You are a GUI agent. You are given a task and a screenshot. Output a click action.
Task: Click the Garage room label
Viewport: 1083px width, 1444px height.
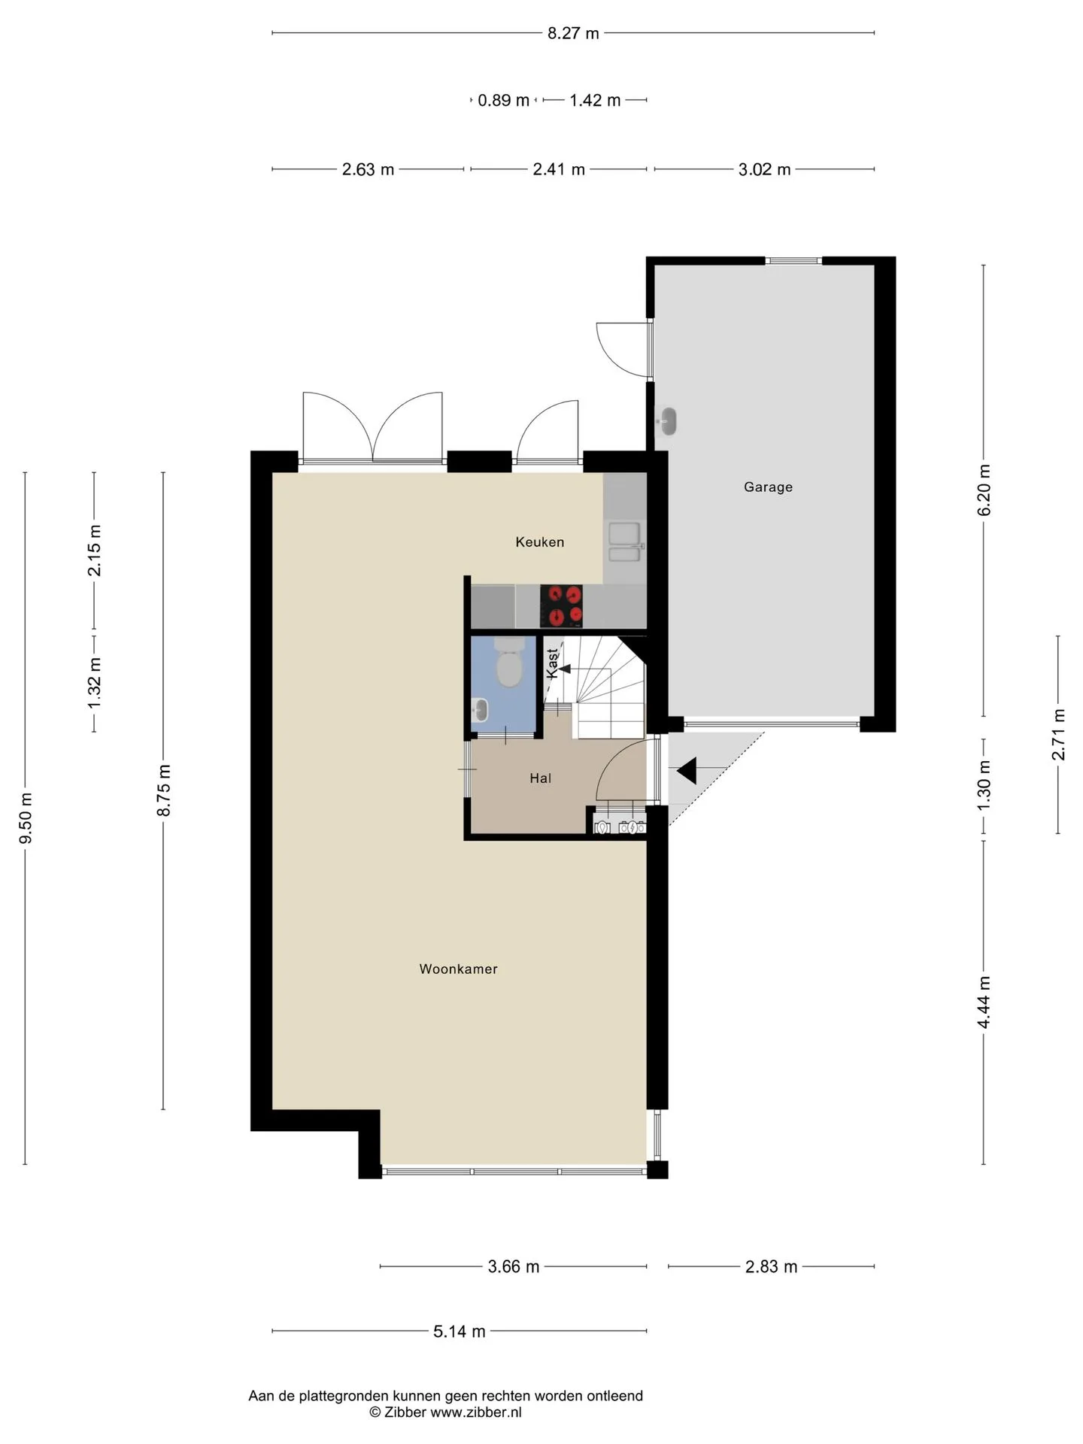click(768, 487)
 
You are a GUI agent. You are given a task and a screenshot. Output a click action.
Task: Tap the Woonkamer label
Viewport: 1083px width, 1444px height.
click(458, 969)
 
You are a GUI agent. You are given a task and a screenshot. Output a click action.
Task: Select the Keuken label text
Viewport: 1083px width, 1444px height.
click(539, 542)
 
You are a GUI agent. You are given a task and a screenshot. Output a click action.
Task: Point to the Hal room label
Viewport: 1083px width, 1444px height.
click(540, 778)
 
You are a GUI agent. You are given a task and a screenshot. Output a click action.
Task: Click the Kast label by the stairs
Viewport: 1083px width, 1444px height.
click(553, 664)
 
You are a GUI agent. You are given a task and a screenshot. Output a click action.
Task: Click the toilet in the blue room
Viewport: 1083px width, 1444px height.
click(509, 661)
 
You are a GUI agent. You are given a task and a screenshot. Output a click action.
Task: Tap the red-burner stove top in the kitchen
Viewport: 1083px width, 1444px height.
click(561, 606)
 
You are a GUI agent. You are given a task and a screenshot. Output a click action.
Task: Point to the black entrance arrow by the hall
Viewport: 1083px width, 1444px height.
click(687, 771)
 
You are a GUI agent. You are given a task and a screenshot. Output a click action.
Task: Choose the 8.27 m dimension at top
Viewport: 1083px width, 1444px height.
click(573, 33)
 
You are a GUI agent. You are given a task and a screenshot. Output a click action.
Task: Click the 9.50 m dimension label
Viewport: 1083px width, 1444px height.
click(26, 818)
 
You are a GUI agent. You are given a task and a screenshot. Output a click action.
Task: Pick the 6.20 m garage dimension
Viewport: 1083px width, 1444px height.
click(984, 490)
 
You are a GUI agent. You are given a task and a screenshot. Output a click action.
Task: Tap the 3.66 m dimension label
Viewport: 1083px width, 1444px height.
click(514, 1267)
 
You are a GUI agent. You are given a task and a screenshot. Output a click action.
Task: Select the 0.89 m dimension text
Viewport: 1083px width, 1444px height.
click(504, 100)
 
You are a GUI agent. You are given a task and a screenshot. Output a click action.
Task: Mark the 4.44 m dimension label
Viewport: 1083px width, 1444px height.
click(984, 1002)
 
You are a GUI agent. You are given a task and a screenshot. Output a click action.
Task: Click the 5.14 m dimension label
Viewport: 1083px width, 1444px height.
click(460, 1332)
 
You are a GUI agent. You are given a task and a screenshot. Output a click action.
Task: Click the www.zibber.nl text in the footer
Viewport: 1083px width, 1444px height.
click(475, 1412)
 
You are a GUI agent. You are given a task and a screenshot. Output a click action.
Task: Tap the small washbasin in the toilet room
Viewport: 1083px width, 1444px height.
click(479, 708)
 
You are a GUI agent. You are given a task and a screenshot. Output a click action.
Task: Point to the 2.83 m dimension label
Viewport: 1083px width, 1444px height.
click(771, 1267)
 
